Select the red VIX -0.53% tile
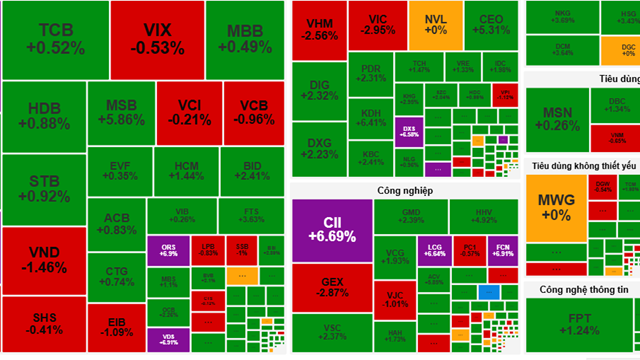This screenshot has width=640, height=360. (x=155, y=38)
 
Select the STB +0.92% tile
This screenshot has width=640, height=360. (x=42, y=188)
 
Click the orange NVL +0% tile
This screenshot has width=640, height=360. (x=435, y=26)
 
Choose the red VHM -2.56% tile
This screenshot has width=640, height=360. (x=319, y=29)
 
